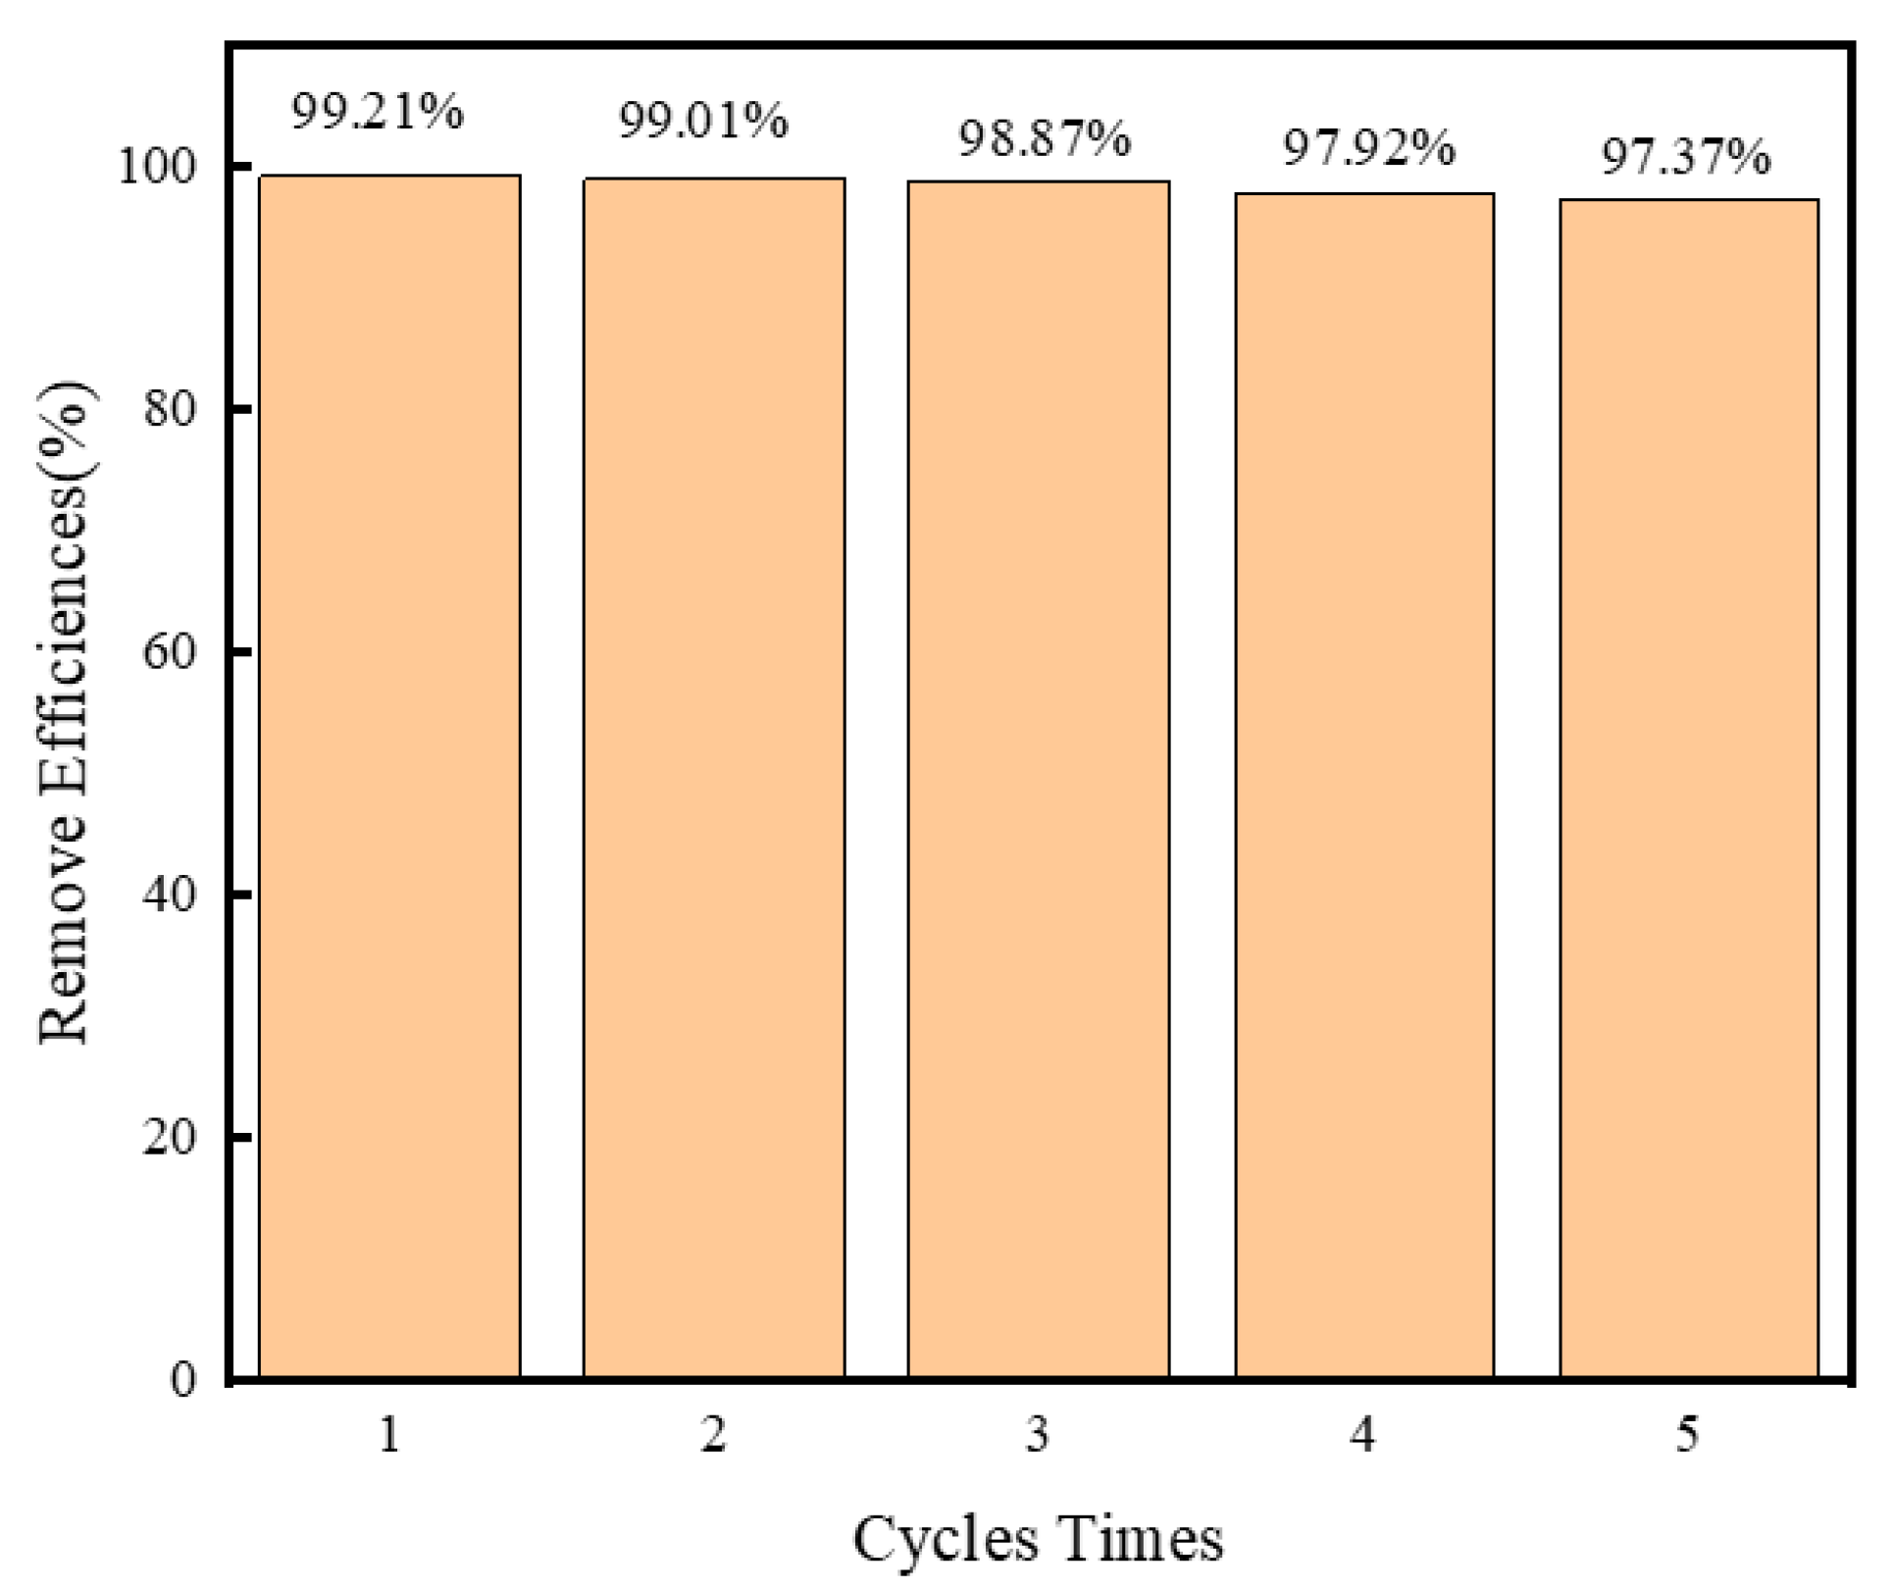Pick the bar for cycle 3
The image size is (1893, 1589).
pos(1038,780)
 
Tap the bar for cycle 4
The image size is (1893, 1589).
pos(1363,786)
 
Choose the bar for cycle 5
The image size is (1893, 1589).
pos(1688,789)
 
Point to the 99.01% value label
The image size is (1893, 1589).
pos(702,121)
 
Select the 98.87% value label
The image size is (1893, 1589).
pos(1044,139)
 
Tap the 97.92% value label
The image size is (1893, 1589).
pos(1368,149)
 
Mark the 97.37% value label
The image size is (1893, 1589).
pos(1686,157)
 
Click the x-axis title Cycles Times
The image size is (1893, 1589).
pos(1038,1539)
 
